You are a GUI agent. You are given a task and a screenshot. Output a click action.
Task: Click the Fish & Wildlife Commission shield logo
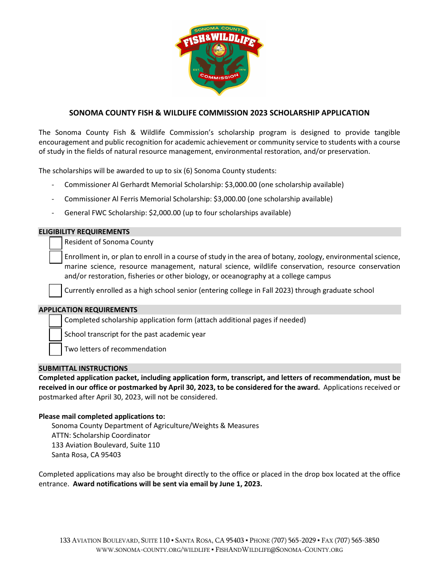click(219, 58)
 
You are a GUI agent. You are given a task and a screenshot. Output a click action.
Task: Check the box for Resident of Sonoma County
click(55, 243)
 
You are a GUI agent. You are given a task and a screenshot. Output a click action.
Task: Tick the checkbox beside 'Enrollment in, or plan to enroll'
click(55, 257)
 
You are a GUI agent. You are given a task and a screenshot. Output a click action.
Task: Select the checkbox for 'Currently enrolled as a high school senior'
click(55, 290)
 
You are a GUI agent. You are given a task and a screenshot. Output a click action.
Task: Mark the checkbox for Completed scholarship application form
click(55, 320)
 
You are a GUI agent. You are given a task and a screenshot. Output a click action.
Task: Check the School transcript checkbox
click(55, 334)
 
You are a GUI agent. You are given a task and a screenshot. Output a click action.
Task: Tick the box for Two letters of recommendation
click(55, 349)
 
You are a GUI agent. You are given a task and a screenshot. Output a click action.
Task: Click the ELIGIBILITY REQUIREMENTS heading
click(84, 232)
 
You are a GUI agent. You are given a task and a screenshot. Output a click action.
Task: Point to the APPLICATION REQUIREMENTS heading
click(88, 310)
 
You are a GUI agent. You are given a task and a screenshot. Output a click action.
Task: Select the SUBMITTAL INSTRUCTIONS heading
click(83, 369)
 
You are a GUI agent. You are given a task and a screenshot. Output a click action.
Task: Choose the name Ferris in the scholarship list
click(130, 199)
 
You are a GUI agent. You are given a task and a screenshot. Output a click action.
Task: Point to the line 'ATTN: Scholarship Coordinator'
click(101, 435)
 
